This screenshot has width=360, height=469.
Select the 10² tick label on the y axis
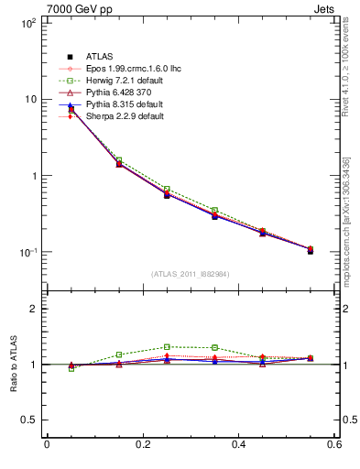tap(27, 23)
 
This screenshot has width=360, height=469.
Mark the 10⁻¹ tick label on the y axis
tap(27, 252)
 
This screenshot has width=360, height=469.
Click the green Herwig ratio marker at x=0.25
tap(167, 347)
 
